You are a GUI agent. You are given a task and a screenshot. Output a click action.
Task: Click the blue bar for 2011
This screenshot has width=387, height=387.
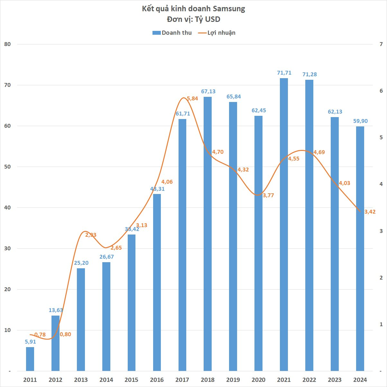tap(30, 359)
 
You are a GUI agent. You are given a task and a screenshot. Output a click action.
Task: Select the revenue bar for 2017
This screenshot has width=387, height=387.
tap(182, 244)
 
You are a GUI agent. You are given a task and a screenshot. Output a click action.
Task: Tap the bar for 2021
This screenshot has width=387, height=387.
tap(284, 225)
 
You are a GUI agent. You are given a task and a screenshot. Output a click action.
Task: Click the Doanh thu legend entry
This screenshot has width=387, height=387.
tap(172, 33)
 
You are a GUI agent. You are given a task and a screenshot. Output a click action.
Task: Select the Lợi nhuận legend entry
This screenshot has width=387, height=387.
tap(217, 33)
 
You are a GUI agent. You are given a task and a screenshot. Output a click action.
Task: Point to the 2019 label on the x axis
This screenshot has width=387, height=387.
tap(233, 380)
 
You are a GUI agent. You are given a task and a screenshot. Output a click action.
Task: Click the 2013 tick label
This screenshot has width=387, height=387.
tap(81, 380)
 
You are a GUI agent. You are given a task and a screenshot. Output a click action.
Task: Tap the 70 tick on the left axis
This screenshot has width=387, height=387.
tap(7, 85)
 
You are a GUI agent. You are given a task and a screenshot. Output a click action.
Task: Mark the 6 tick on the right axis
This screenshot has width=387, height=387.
tap(381, 91)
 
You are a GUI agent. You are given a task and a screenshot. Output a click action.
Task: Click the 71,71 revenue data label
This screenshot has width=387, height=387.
tap(284, 73)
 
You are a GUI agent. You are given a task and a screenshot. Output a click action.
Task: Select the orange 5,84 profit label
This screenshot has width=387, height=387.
tap(192, 98)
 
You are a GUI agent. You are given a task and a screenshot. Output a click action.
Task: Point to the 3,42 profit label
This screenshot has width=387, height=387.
tap(370, 212)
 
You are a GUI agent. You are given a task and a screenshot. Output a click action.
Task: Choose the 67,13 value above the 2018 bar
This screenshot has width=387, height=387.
tap(208, 91)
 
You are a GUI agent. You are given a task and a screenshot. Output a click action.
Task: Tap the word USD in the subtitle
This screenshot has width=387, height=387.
tap(213, 19)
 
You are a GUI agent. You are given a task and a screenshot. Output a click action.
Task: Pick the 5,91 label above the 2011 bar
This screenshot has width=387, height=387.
tap(31, 342)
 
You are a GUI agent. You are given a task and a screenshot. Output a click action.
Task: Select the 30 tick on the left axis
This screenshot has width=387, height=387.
tap(7, 249)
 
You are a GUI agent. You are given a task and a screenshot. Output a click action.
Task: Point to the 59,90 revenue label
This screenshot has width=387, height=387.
tap(360, 121)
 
